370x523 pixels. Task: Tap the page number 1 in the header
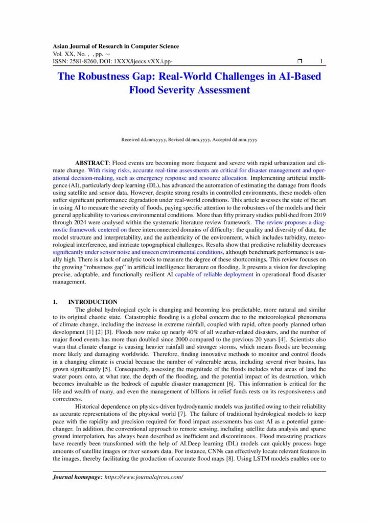[x=321, y=62]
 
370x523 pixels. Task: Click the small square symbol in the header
[x=300, y=62]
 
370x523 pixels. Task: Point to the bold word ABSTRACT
[x=92, y=162]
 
